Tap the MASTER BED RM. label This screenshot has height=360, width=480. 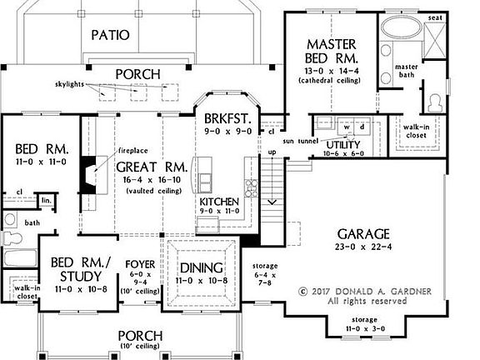click(332, 52)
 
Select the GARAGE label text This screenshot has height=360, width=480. click(363, 233)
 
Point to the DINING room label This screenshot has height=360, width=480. click(199, 268)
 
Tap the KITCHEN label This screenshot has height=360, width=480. click(219, 202)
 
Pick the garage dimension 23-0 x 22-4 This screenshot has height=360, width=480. click(363, 247)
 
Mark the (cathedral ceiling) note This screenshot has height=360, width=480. click(332, 80)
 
